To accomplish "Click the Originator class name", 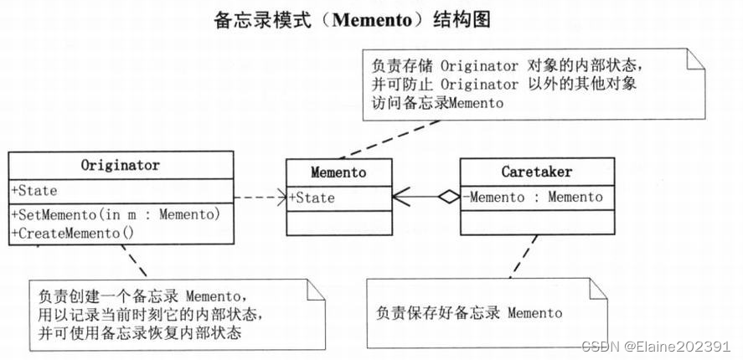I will click(121, 164).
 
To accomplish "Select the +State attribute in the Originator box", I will click(34, 190).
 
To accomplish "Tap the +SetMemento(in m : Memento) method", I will click(116, 214).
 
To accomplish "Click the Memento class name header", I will click(338, 172).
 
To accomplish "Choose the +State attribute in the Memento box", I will click(312, 198).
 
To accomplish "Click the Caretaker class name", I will click(536, 172).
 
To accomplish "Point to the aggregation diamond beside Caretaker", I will click(449, 198).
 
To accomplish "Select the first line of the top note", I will click(507, 65).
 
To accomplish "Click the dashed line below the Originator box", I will click(138, 264).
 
